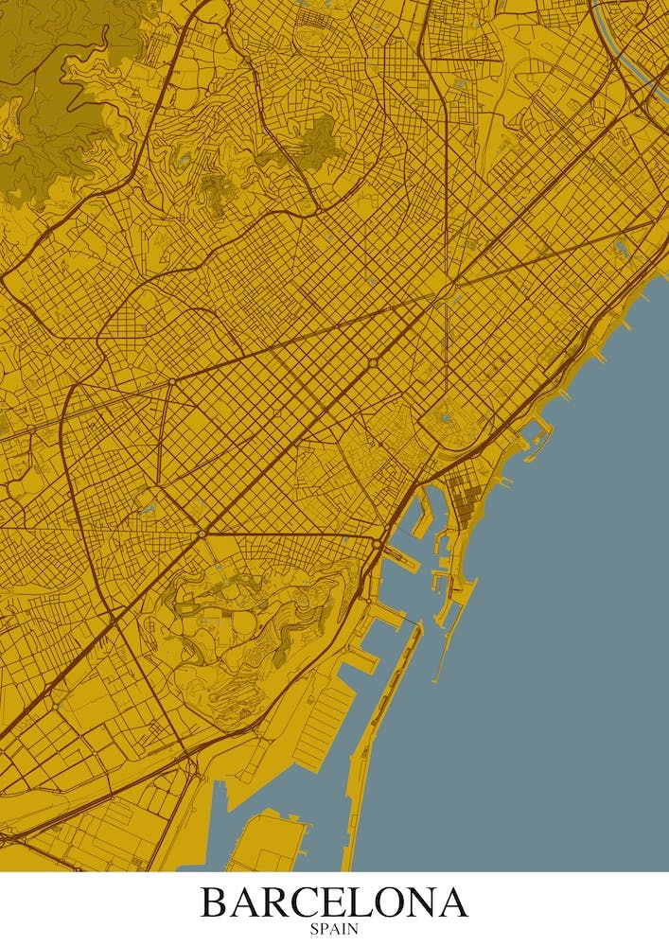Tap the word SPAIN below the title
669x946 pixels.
(334, 929)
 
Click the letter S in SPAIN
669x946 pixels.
(314, 929)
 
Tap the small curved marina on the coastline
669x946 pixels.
(535, 434)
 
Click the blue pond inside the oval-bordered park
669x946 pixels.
(446, 416)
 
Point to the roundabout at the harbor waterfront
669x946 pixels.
(377, 544)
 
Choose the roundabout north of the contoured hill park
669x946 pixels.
(202, 534)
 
